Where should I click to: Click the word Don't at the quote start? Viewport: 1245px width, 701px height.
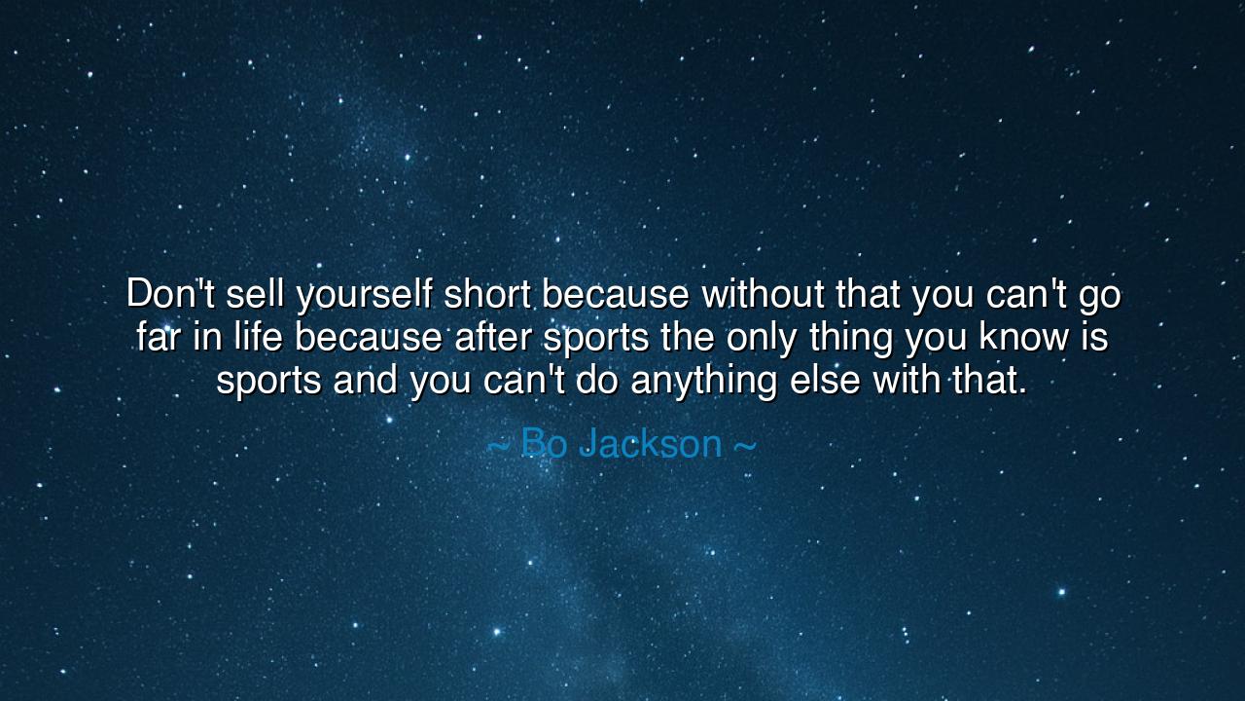click(170, 293)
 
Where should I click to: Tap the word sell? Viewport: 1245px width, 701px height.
click(255, 293)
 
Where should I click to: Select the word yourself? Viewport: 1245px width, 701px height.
click(364, 296)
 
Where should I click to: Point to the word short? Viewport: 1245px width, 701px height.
click(486, 293)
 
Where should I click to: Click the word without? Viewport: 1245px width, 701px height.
click(763, 293)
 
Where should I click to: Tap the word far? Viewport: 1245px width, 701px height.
click(158, 337)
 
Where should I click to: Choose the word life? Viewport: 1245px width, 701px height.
click(258, 337)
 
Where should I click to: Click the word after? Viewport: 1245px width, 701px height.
click(493, 337)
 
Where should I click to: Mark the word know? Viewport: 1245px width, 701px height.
click(1024, 337)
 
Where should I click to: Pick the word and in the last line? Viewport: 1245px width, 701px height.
click(365, 380)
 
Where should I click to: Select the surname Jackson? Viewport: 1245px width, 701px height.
click(651, 443)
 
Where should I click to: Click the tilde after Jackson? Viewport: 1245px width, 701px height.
click(745, 445)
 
